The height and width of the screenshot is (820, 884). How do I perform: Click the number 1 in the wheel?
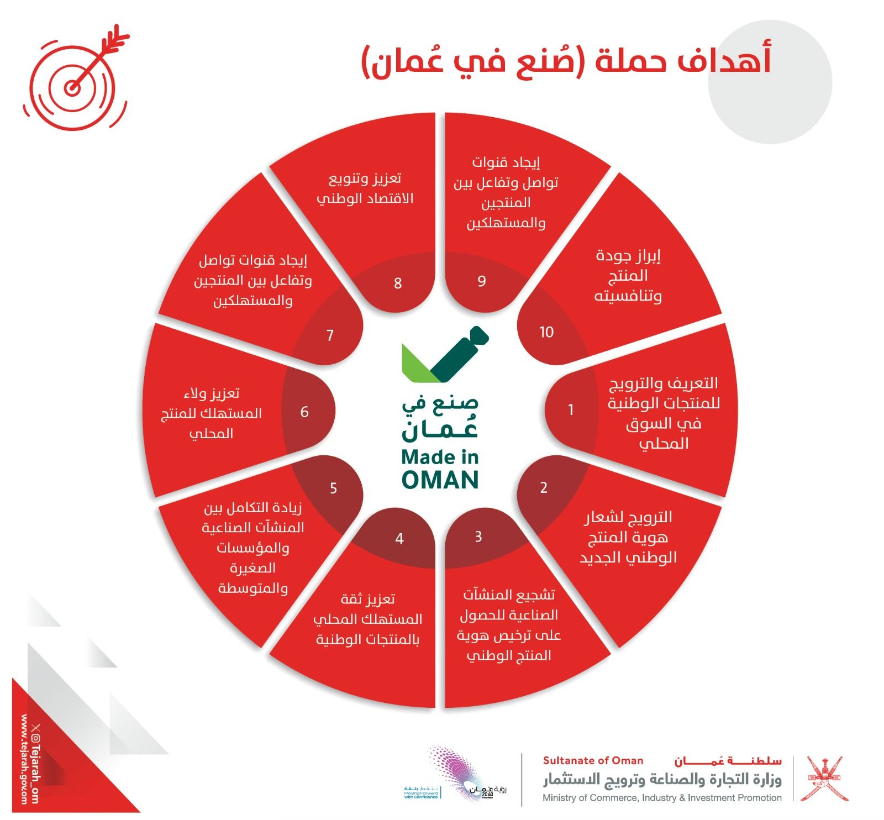click(x=571, y=410)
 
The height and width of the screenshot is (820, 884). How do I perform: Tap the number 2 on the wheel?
click(x=544, y=487)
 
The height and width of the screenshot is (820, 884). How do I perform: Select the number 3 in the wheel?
click(x=478, y=537)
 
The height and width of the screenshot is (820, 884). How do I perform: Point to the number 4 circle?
click(x=399, y=538)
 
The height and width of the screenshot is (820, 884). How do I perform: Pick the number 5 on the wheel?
click(x=333, y=488)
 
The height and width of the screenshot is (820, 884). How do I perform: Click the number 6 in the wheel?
click(x=304, y=412)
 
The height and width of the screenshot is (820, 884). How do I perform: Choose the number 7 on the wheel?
click(x=330, y=335)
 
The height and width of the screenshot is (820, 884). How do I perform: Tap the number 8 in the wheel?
click(x=398, y=283)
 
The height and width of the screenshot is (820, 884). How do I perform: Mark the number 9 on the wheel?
click(x=482, y=281)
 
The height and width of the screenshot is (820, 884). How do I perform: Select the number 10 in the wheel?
click(x=546, y=332)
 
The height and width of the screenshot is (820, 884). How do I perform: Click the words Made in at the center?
click(x=440, y=458)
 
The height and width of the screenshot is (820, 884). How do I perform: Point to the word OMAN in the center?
click(x=440, y=480)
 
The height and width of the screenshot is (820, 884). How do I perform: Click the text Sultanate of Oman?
click(x=593, y=761)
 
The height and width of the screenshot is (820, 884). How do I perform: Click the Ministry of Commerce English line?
click(x=661, y=798)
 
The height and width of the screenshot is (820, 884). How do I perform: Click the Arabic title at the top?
click(x=566, y=61)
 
